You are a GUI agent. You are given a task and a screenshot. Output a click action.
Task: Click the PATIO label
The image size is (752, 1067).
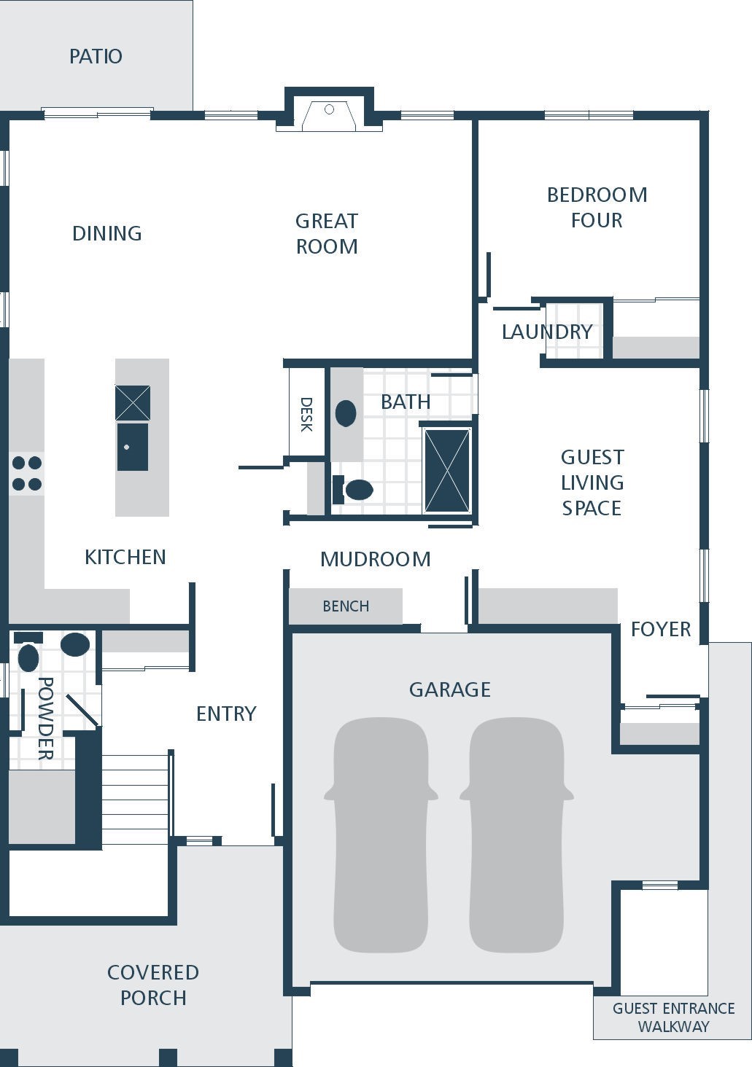(x=96, y=56)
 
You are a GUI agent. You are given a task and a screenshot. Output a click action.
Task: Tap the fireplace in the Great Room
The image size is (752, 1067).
(x=329, y=116)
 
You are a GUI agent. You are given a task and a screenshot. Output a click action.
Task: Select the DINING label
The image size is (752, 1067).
(x=106, y=233)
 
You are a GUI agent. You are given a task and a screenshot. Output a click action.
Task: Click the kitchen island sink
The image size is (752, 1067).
(x=133, y=446)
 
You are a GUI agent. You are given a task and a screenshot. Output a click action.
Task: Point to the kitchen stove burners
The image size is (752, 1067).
(x=27, y=474)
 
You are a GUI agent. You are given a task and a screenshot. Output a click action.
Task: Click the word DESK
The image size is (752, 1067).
(x=306, y=415)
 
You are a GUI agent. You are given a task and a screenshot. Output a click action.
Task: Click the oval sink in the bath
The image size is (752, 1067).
(x=346, y=413)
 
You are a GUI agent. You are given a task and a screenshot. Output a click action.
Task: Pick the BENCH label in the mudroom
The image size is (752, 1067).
(x=346, y=606)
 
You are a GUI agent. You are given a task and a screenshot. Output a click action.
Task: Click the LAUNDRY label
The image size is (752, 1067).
(x=547, y=332)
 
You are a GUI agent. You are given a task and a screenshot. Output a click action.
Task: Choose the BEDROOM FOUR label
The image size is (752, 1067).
(x=597, y=208)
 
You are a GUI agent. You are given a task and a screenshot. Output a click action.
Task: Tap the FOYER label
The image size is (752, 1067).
(x=661, y=629)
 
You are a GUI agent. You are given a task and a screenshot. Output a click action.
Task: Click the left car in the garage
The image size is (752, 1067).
(x=381, y=835)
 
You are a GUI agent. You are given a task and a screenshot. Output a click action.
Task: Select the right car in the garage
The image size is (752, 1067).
(x=516, y=835)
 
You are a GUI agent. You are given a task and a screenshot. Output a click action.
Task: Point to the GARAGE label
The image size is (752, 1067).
(x=450, y=689)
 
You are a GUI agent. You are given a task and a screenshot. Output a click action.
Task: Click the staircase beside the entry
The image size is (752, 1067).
(x=136, y=800)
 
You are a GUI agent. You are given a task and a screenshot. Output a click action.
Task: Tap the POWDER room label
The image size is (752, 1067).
(x=46, y=719)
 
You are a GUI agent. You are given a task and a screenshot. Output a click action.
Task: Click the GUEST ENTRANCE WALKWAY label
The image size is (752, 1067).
(x=673, y=1017)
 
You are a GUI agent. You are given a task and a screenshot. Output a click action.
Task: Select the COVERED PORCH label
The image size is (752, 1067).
(x=153, y=985)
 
